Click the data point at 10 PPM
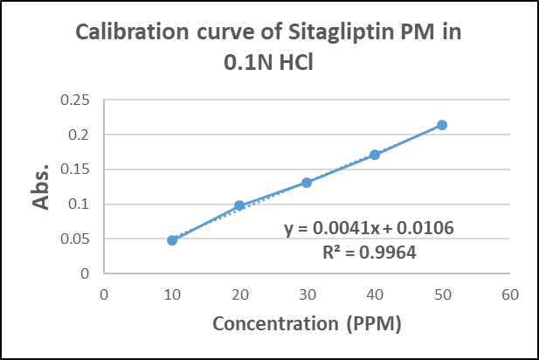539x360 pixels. pyautogui.click(x=172, y=240)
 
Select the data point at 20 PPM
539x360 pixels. pyautogui.click(x=239, y=205)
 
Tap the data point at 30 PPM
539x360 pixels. pyautogui.click(x=307, y=183)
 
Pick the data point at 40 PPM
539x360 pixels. pyautogui.click(x=375, y=155)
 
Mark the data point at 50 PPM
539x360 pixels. pyautogui.click(x=442, y=125)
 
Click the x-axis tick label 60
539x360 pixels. pyautogui.click(x=510, y=294)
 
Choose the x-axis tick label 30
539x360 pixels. pyautogui.click(x=307, y=294)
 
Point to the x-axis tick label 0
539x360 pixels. pyautogui.click(x=104, y=294)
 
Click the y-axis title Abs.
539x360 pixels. pyautogui.click(x=40, y=188)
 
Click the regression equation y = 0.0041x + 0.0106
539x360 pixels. pyautogui.click(x=369, y=228)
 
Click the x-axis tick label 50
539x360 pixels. pyautogui.click(x=442, y=294)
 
